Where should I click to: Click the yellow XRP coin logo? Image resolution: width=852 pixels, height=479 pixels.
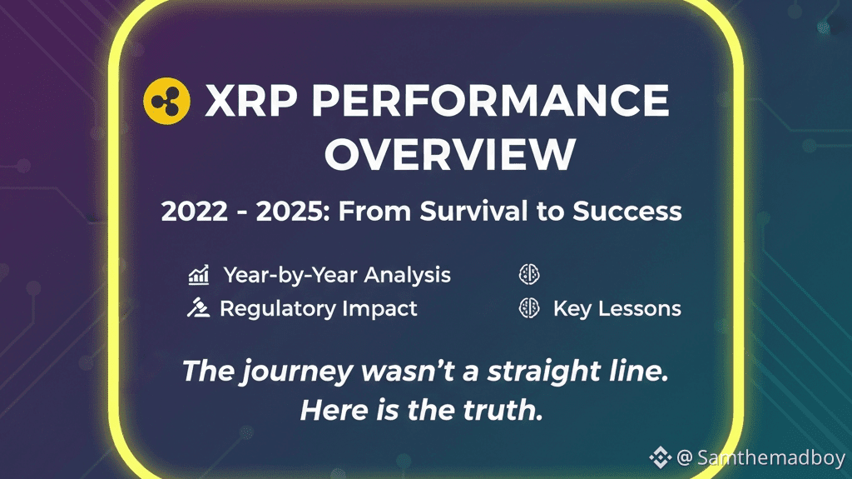point(166,102)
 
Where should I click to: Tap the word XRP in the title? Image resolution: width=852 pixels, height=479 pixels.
point(251,101)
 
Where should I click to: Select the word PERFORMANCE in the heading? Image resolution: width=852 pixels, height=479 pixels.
point(491,101)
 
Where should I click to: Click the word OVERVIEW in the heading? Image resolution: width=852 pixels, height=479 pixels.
point(450,154)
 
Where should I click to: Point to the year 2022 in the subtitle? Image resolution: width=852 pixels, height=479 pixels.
point(195,212)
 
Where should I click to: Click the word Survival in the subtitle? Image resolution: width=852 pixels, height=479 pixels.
point(474,211)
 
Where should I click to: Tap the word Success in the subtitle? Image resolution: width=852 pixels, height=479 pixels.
point(627,212)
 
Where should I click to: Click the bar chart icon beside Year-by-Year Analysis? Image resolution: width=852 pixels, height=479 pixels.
point(199,275)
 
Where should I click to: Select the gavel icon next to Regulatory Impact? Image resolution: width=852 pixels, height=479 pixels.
point(198,307)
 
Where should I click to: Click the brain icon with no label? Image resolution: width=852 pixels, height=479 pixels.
point(529,274)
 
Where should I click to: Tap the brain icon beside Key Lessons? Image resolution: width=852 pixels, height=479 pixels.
point(529,308)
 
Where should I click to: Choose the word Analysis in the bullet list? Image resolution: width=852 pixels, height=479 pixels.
point(408,276)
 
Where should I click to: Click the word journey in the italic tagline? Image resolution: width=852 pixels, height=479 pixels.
point(297,372)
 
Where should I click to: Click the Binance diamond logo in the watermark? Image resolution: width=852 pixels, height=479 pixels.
point(660,457)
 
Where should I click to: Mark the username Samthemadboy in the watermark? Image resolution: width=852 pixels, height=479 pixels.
point(771,457)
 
